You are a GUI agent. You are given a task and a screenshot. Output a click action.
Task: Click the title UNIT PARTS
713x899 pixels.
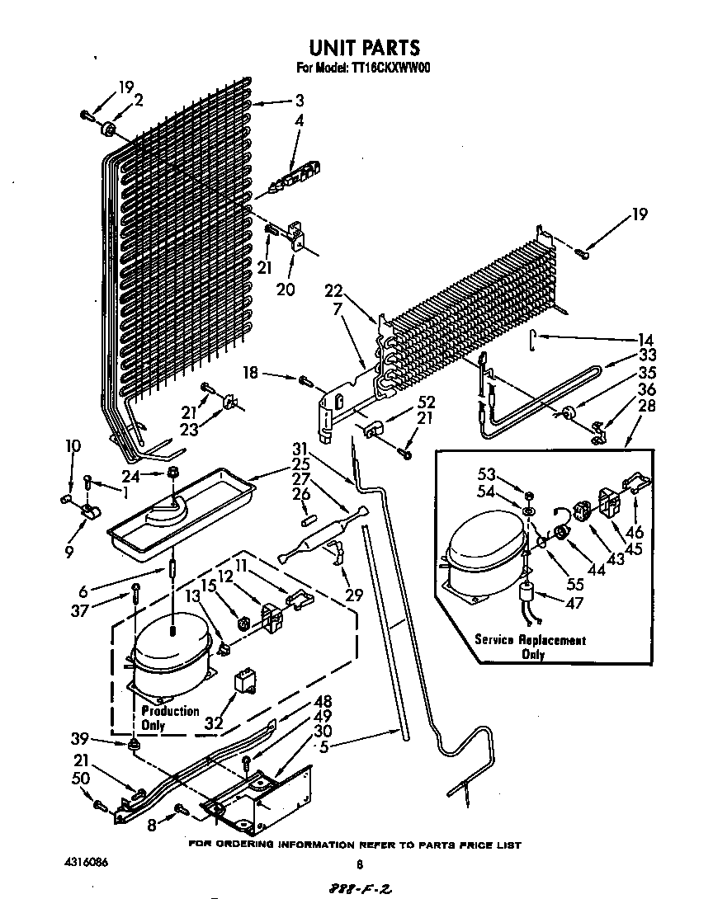(364, 47)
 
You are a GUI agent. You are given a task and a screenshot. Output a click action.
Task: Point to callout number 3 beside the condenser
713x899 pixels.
(299, 101)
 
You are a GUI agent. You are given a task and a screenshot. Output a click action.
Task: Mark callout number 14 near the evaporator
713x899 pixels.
(645, 339)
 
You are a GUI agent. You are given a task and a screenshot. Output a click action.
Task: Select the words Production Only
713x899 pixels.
(169, 718)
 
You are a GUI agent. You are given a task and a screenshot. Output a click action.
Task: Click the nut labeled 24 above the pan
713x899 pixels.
(174, 473)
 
